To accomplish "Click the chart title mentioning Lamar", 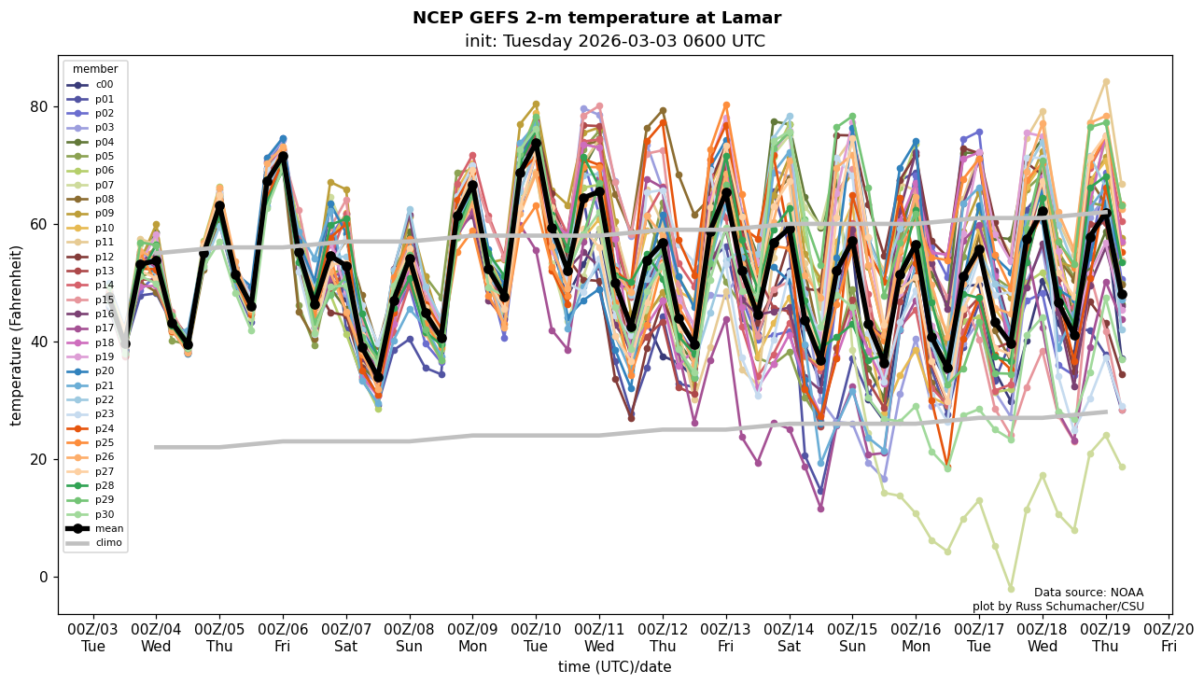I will point(596,19).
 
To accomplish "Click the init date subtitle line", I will point(614,42).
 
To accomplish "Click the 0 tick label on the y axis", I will point(42,577).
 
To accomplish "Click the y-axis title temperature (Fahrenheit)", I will point(17,335).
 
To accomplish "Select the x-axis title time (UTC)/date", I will point(614,667).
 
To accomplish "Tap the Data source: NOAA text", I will point(1088,593).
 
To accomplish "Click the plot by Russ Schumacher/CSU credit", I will point(1057,607).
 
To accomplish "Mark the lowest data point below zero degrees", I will point(1011,589).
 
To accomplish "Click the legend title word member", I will point(95,69).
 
